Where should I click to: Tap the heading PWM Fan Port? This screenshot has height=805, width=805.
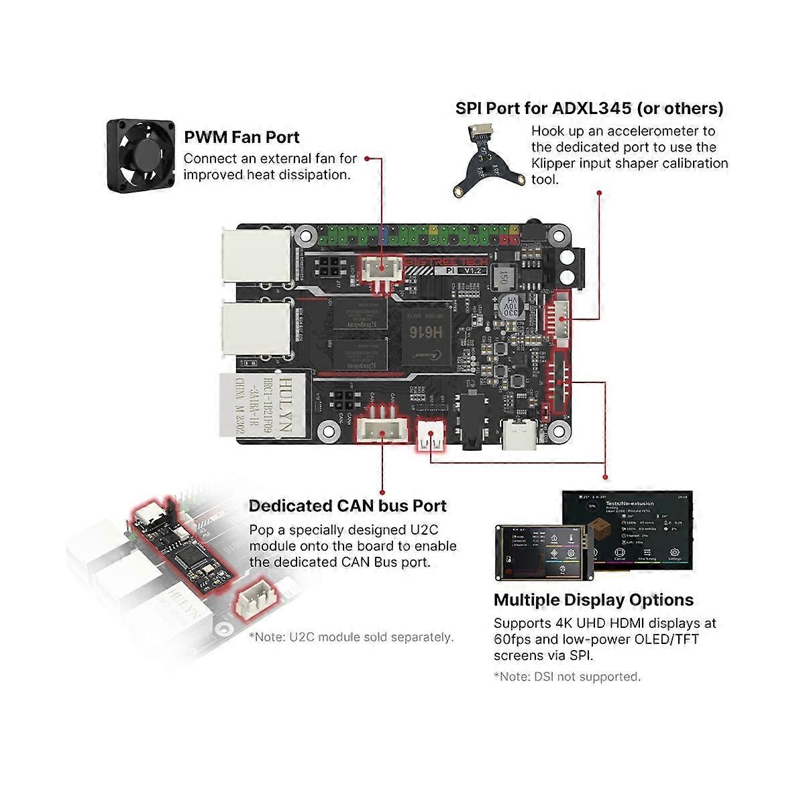click(241, 138)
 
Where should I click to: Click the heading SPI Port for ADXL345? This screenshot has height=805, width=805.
click(589, 108)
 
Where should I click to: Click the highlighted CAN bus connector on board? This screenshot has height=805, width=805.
click(382, 433)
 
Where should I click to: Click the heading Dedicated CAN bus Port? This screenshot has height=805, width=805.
click(347, 506)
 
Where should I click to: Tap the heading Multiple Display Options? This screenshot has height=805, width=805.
click(593, 600)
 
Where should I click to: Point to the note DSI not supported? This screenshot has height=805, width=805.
click(567, 677)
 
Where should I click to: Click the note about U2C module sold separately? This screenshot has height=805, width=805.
click(351, 637)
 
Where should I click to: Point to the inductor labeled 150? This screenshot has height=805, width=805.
click(501, 276)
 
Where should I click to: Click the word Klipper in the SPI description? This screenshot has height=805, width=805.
click(556, 164)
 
